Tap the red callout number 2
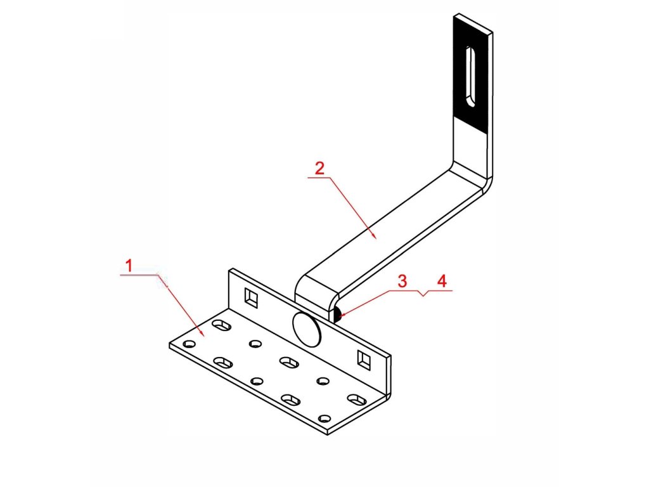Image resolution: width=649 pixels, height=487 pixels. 319,169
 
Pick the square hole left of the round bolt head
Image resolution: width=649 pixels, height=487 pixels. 252,296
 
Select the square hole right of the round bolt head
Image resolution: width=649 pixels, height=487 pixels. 363,359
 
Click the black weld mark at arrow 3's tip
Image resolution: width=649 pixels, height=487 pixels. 338,313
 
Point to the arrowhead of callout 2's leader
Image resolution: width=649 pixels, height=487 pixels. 375,237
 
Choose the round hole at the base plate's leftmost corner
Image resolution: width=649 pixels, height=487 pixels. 188,344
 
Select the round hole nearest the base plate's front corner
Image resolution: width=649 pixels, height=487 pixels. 324,419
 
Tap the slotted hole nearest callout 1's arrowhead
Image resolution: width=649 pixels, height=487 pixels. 222,325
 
